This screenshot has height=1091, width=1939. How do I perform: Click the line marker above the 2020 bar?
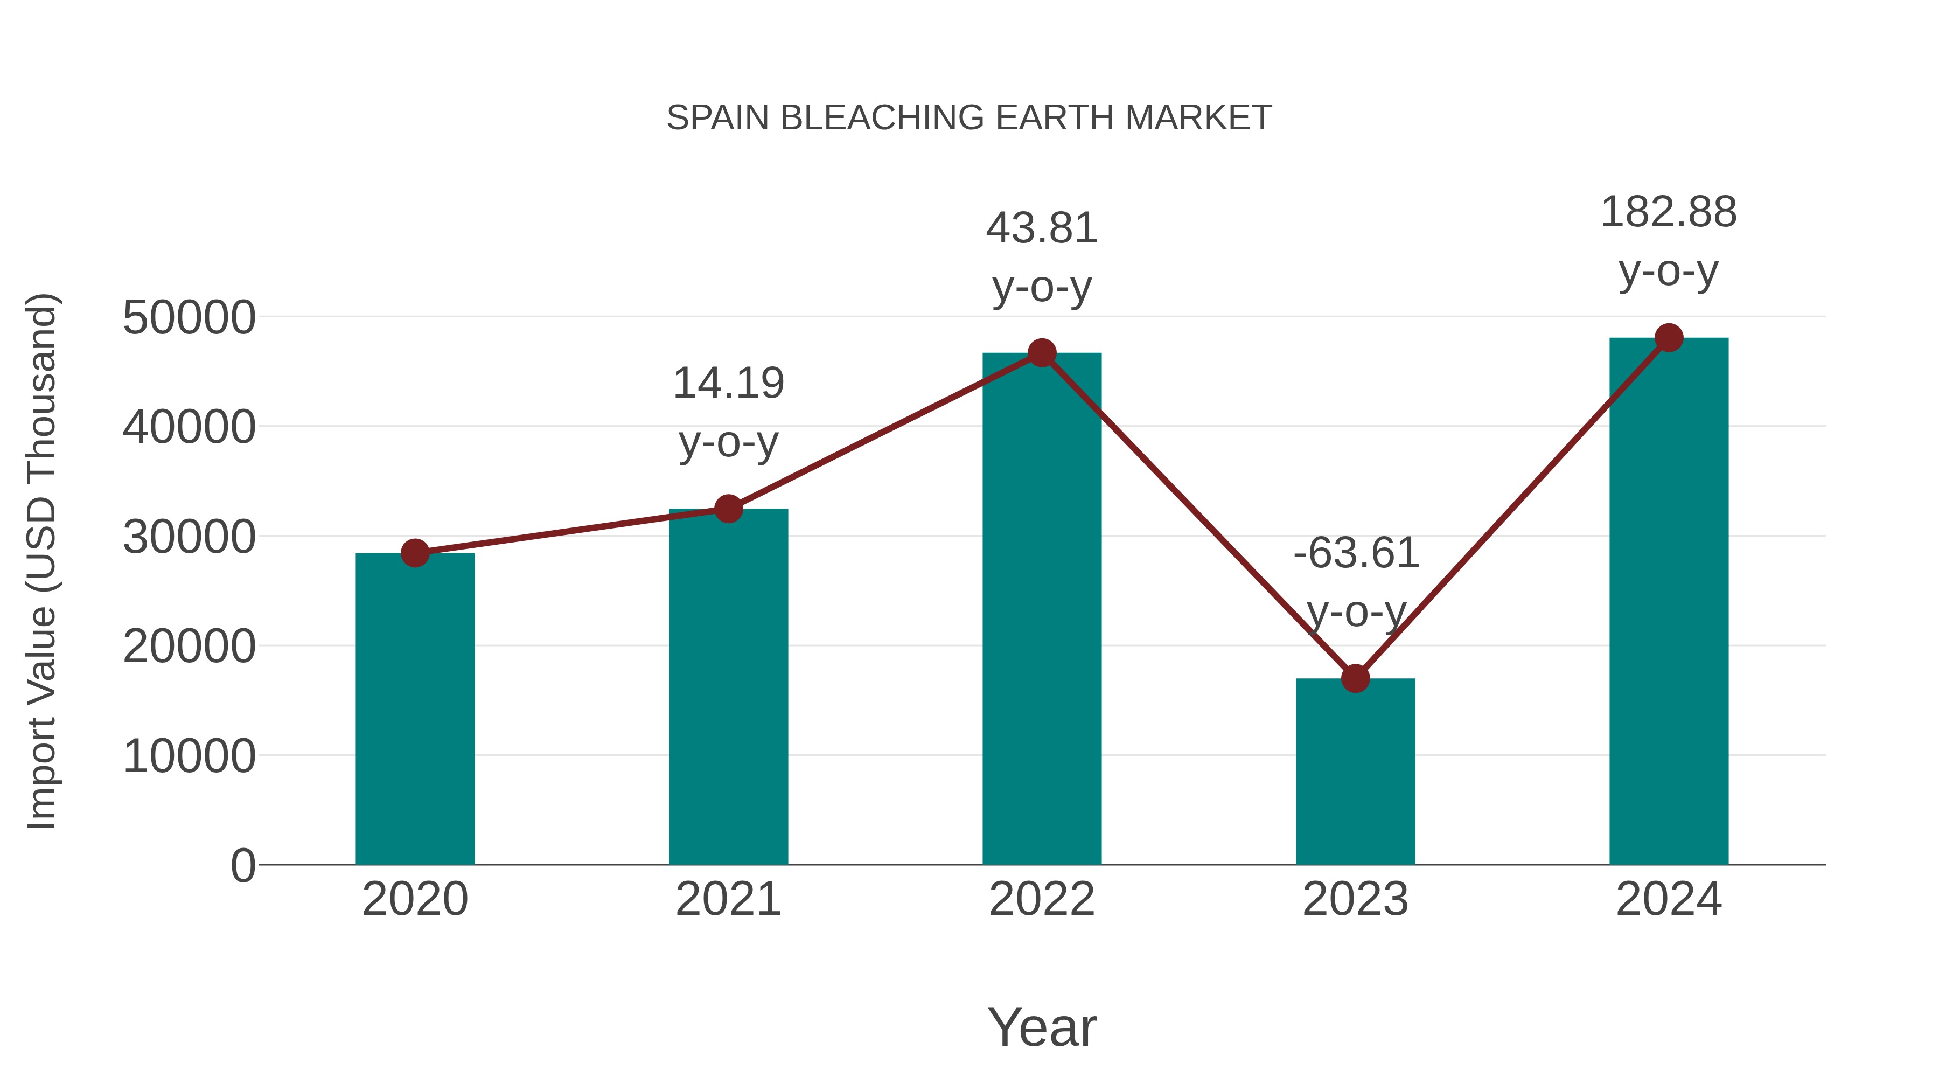(x=415, y=553)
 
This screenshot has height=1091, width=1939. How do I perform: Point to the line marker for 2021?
(x=728, y=509)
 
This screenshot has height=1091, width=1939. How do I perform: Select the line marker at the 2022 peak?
(x=1042, y=352)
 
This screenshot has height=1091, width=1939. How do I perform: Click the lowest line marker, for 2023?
(x=1355, y=678)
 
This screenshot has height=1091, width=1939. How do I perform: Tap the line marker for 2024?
(x=1669, y=338)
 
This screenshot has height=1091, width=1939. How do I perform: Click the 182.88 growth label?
(x=1668, y=212)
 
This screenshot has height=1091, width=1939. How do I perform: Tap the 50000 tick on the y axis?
(x=189, y=318)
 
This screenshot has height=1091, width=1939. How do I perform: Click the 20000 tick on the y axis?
(x=189, y=646)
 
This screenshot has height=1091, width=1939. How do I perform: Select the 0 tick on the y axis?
(x=242, y=865)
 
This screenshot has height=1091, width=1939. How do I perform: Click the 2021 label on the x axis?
(x=728, y=899)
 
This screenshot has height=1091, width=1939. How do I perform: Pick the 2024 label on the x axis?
(x=1668, y=899)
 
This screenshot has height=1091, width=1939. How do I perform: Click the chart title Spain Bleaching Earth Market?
(x=969, y=118)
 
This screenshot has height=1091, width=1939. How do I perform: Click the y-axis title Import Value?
(x=42, y=561)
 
